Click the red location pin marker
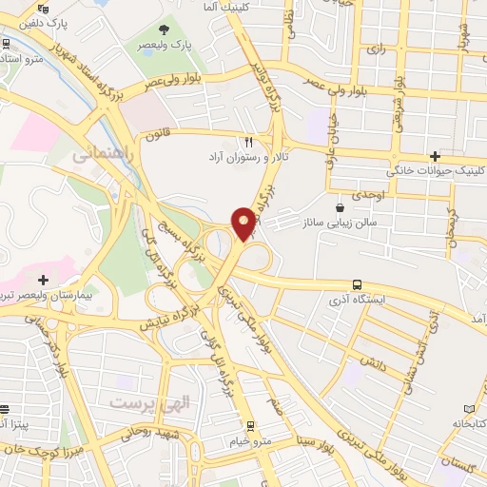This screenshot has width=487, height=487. pos(244,223)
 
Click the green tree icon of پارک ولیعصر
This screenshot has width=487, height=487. pos(166,29)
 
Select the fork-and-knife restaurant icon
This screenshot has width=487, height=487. pos(248,138)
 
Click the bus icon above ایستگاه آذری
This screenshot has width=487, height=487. pos(357,283)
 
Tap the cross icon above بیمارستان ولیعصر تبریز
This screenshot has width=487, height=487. pos(42,280)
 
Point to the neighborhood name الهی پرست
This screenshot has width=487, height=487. pos(149,403)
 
